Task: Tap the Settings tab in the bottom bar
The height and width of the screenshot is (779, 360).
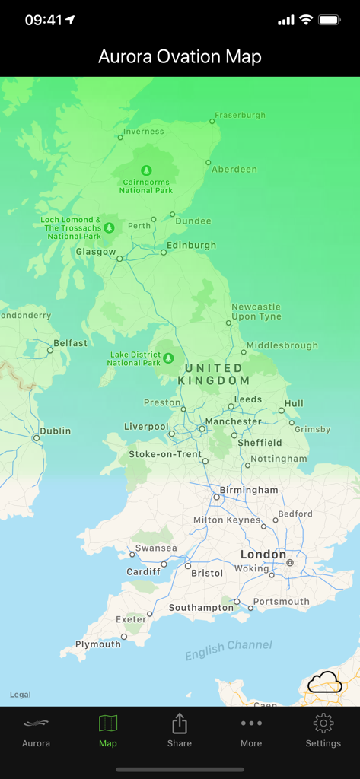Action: click(323, 730)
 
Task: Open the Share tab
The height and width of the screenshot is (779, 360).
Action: click(180, 730)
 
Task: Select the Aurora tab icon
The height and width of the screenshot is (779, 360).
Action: click(36, 730)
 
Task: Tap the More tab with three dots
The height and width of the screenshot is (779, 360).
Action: click(251, 730)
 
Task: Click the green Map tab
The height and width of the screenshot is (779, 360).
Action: click(108, 730)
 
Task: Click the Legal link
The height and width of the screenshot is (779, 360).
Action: click(21, 695)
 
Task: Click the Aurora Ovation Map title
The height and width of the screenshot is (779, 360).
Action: click(180, 56)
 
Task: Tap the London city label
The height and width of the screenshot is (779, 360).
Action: click(263, 555)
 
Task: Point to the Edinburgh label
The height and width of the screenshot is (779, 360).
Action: click(191, 246)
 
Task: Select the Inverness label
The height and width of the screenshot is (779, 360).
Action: click(144, 132)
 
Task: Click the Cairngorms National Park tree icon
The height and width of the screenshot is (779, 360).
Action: click(146, 170)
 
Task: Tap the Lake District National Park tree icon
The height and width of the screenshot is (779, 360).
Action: click(168, 356)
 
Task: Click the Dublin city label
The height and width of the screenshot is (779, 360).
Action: click(55, 431)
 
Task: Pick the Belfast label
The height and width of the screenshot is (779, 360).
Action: click(70, 343)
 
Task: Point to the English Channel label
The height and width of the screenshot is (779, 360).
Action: click(228, 649)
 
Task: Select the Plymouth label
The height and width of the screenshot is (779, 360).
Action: click(97, 644)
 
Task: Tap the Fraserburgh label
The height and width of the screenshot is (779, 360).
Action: click(240, 116)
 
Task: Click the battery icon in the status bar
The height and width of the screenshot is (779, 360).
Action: click(329, 20)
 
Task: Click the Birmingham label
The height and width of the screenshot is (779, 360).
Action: click(249, 490)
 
